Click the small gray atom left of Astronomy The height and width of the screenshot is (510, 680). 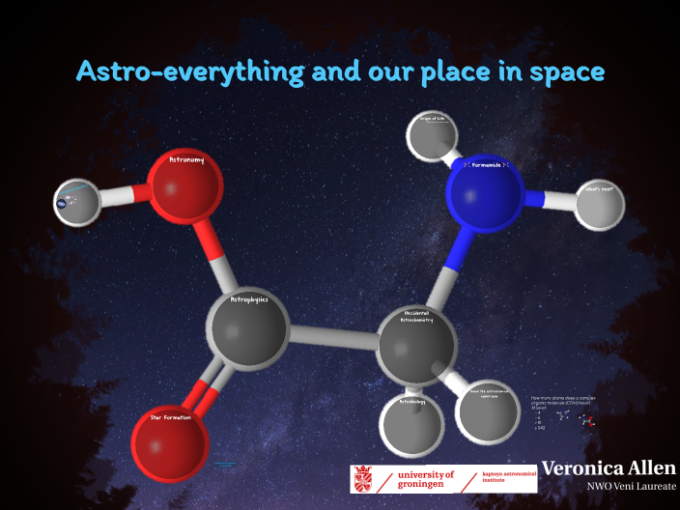(78, 202)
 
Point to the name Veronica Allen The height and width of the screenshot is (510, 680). (609, 468)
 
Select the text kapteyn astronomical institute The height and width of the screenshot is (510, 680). (508, 479)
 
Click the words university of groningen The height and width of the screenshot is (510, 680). (425, 479)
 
